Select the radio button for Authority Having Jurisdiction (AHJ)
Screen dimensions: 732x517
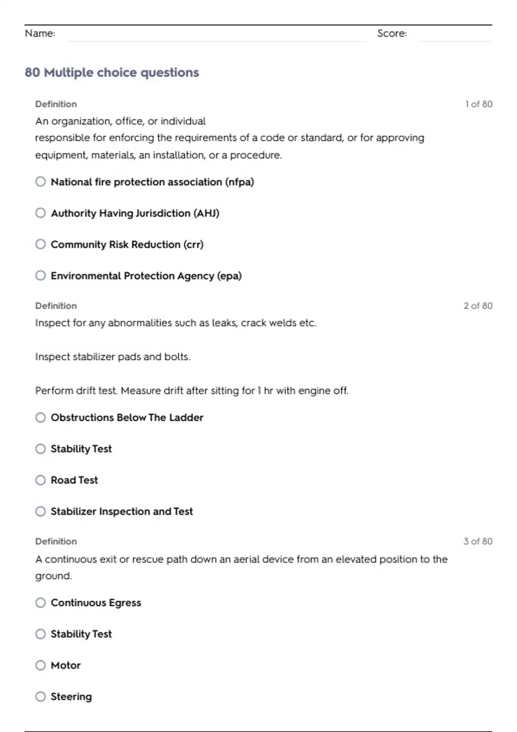click(40, 213)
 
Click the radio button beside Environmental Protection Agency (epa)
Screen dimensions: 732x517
click(40, 276)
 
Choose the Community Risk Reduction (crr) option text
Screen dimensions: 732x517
click(127, 245)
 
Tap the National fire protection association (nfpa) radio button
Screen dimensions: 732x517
click(40, 182)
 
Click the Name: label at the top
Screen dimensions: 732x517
click(40, 34)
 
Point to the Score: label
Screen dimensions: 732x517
click(392, 34)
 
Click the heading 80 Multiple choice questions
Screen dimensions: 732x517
click(112, 72)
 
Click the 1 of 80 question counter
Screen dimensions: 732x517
click(478, 104)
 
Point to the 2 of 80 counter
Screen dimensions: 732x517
click(478, 306)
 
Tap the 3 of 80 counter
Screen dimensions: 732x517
click(478, 541)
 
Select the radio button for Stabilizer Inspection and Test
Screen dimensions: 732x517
click(40, 512)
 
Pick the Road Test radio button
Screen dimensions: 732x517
click(40, 480)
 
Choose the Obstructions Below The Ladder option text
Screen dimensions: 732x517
click(127, 418)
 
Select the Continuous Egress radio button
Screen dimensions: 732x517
click(40, 603)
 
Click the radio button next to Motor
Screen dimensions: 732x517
click(40, 665)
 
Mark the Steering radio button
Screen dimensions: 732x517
click(40, 697)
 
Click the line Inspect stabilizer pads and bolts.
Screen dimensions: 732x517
click(113, 357)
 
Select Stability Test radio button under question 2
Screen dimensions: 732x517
click(40, 449)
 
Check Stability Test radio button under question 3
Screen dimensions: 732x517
click(40, 634)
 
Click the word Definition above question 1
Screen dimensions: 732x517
click(56, 104)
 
